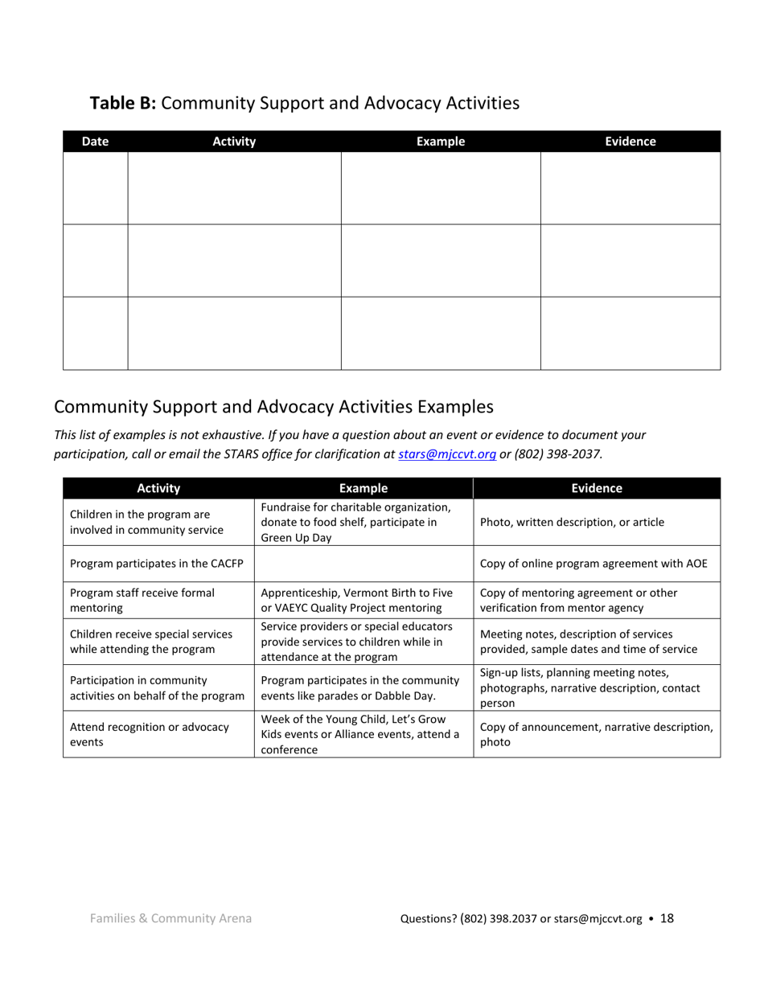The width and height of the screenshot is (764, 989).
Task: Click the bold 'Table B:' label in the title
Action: (122, 103)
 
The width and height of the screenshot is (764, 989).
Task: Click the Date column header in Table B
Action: (95, 142)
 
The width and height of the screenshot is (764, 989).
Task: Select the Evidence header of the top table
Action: (630, 142)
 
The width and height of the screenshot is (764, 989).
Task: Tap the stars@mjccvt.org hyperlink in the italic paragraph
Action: (446, 453)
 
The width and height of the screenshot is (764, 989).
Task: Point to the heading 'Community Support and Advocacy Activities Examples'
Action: (273, 406)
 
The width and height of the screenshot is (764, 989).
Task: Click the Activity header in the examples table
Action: (158, 488)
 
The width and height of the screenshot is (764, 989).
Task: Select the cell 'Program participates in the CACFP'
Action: (157, 564)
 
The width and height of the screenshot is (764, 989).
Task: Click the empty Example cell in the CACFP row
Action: (364, 564)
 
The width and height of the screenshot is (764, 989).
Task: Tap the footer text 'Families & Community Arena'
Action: (170, 918)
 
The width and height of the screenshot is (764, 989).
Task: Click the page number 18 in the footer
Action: (667, 918)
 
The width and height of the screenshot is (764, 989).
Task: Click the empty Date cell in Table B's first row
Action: (95, 188)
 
